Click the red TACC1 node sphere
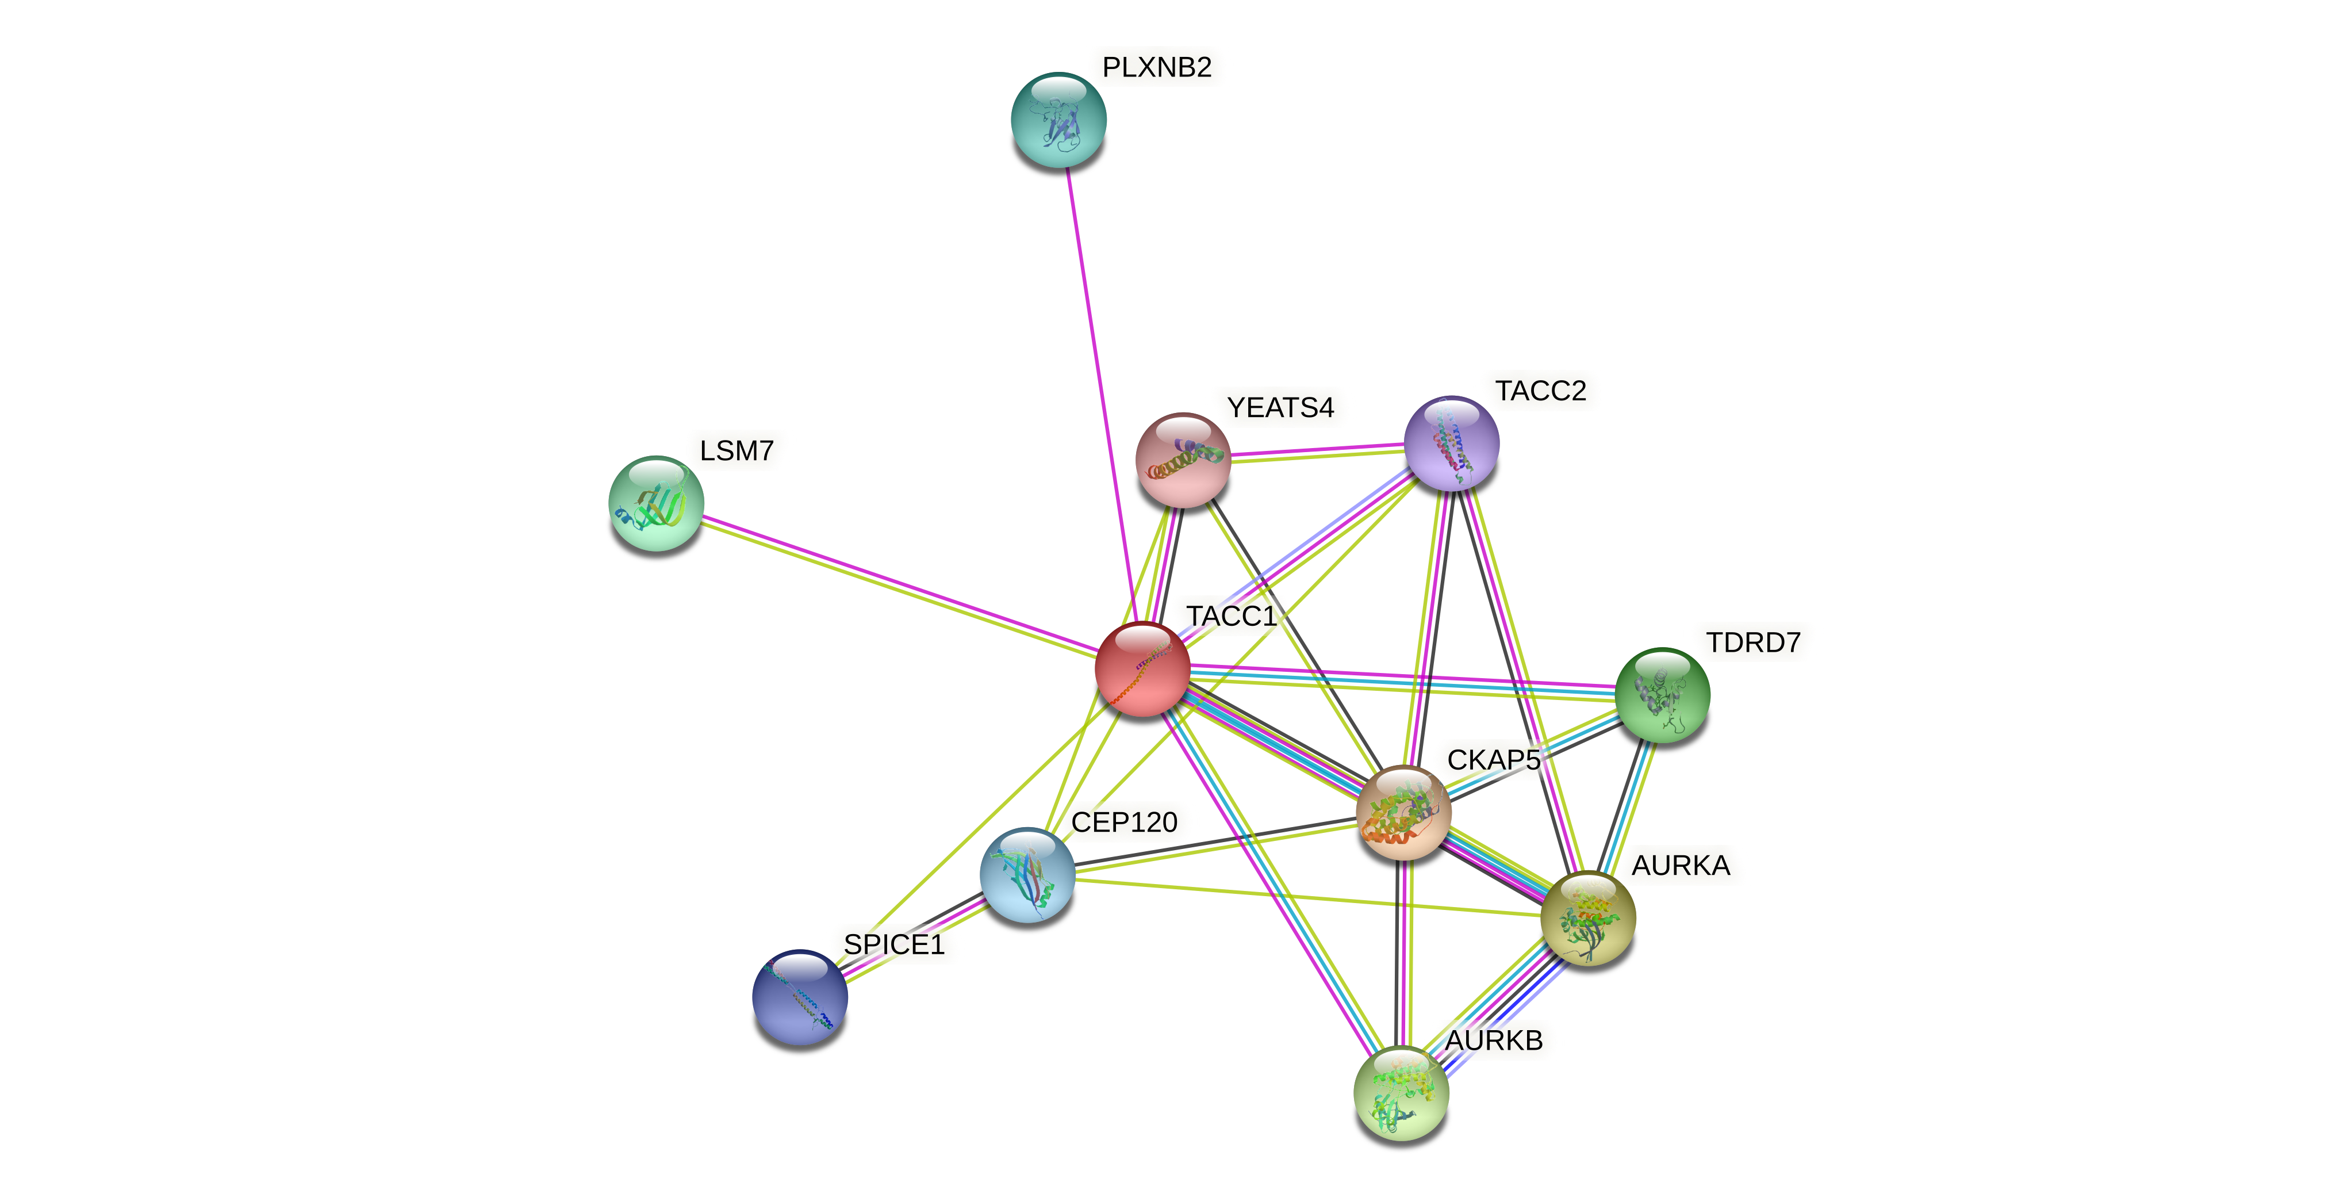point(1142,670)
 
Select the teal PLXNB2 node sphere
point(1058,120)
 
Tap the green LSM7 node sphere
point(655,503)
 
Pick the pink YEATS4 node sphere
point(1183,460)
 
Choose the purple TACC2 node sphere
point(1451,443)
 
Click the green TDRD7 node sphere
point(1662,695)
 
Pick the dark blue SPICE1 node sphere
point(800,997)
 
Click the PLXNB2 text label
point(1156,67)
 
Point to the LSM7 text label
point(737,451)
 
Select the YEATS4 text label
point(1280,408)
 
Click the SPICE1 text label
point(894,944)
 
